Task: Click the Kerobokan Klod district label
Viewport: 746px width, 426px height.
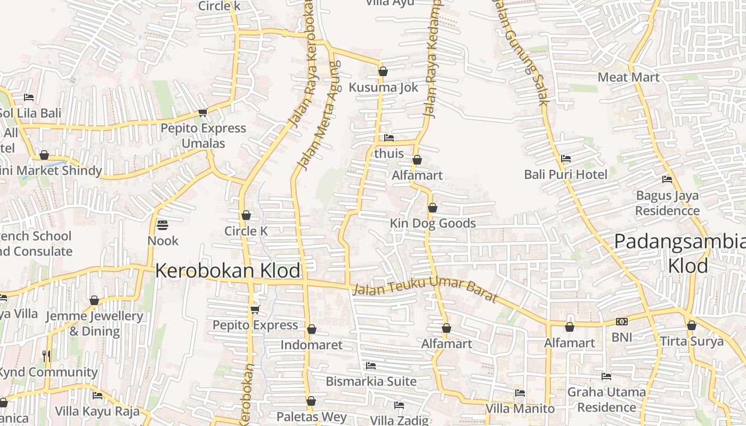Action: click(x=228, y=271)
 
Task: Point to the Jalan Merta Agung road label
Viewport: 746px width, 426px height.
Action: click(x=319, y=116)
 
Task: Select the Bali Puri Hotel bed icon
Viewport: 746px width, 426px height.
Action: click(x=566, y=159)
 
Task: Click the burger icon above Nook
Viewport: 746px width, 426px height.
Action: click(x=163, y=225)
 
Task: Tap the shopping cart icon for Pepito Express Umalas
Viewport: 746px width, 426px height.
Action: click(x=202, y=112)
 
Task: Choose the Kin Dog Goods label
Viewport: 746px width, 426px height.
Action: click(x=433, y=223)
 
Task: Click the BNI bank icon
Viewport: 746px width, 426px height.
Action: click(x=621, y=322)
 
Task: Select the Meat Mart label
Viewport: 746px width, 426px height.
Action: click(x=628, y=77)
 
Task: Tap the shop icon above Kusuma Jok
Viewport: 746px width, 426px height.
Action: click(x=383, y=71)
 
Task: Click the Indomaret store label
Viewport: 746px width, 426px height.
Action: click(x=312, y=345)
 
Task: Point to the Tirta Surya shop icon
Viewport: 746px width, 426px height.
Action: click(x=692, y=325)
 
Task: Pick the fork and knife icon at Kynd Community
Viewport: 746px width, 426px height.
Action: click(x=46, y=355)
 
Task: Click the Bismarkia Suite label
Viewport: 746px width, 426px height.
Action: click(x=371, y=381)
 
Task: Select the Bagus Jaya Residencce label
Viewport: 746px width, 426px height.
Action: click(x=667, y=203)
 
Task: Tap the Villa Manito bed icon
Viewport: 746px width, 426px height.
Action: click(x=520, y=393)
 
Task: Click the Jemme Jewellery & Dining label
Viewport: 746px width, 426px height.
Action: click(x=94, y=323)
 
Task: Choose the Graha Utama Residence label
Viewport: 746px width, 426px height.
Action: click(x=606, y=399)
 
